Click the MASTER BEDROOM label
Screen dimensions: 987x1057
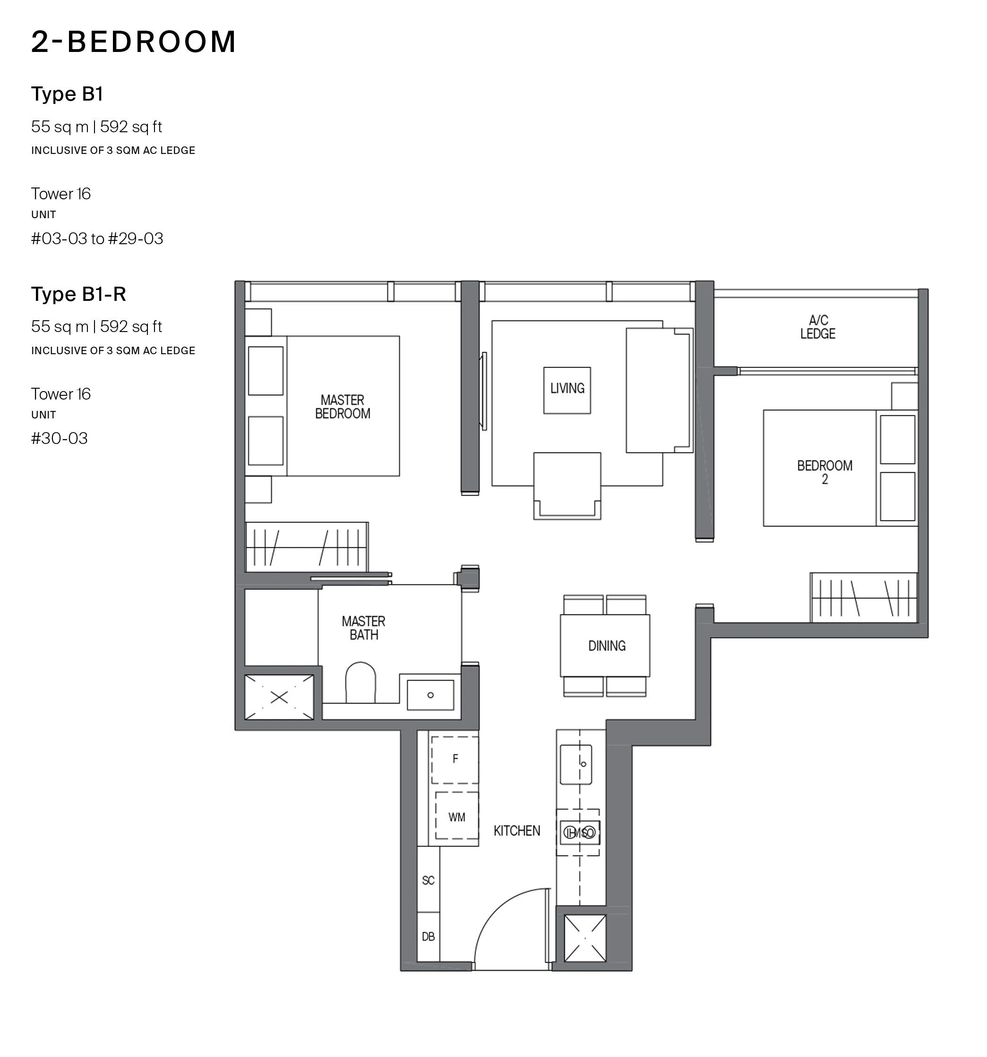click(x=343, y=407)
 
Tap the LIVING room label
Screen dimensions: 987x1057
click(x=567, y=388)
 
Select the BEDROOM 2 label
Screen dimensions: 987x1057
click(x=824, y=472)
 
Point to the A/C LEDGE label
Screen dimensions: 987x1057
click(x=818, y=327)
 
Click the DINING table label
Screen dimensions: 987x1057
click(x=607, y=646)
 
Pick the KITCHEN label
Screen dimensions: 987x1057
click(x=516, y=831)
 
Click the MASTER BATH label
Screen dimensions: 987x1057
click(x=364, y=628)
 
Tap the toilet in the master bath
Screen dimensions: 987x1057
click(x=360, y=682)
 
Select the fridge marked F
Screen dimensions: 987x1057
click(x=455, y=760)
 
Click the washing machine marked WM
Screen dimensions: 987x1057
click(x=457, y=816)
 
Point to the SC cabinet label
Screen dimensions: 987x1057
click(x=428, y=880)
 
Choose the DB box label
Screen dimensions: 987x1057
click(x=428, y=937)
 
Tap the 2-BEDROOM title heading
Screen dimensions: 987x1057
click(x=134, y=42)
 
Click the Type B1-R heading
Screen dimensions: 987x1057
click(x=79, y=294)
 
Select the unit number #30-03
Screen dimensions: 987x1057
click(x=59, y=439)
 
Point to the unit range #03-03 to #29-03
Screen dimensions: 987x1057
click(x=97, y=239)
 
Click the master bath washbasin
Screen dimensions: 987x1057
click(x=430, y=694)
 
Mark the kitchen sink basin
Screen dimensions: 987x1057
click(x=576, y=764)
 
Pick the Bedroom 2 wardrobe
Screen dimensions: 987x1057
click(x=864, y=597)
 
